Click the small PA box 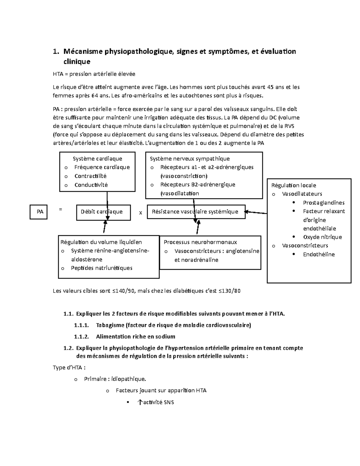coord(38,212)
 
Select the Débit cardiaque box coord(103,212)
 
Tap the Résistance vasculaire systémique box coord(196,212)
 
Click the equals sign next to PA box coord(61,209)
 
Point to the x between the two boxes coord(140,213)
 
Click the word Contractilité coord(91,176)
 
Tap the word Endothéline coord(319,254)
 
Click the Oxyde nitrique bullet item coord(322,237)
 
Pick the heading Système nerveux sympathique coord(190,159)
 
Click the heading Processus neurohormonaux coord(200,242)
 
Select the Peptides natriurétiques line coord(101,268)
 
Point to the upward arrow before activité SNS coord(139,402)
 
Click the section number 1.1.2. coord(81,337)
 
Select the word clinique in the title coord(76,62)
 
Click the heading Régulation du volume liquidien coord(101,242)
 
